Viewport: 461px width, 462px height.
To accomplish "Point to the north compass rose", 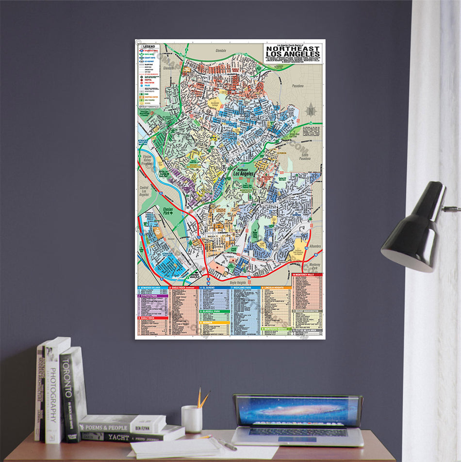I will [x=310, y=110].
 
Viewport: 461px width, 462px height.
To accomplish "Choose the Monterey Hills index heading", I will [x=307, y=274].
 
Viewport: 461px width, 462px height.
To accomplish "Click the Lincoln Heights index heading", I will [x=277, y=288].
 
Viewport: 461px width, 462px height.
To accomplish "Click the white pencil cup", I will [x=192, y=418].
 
